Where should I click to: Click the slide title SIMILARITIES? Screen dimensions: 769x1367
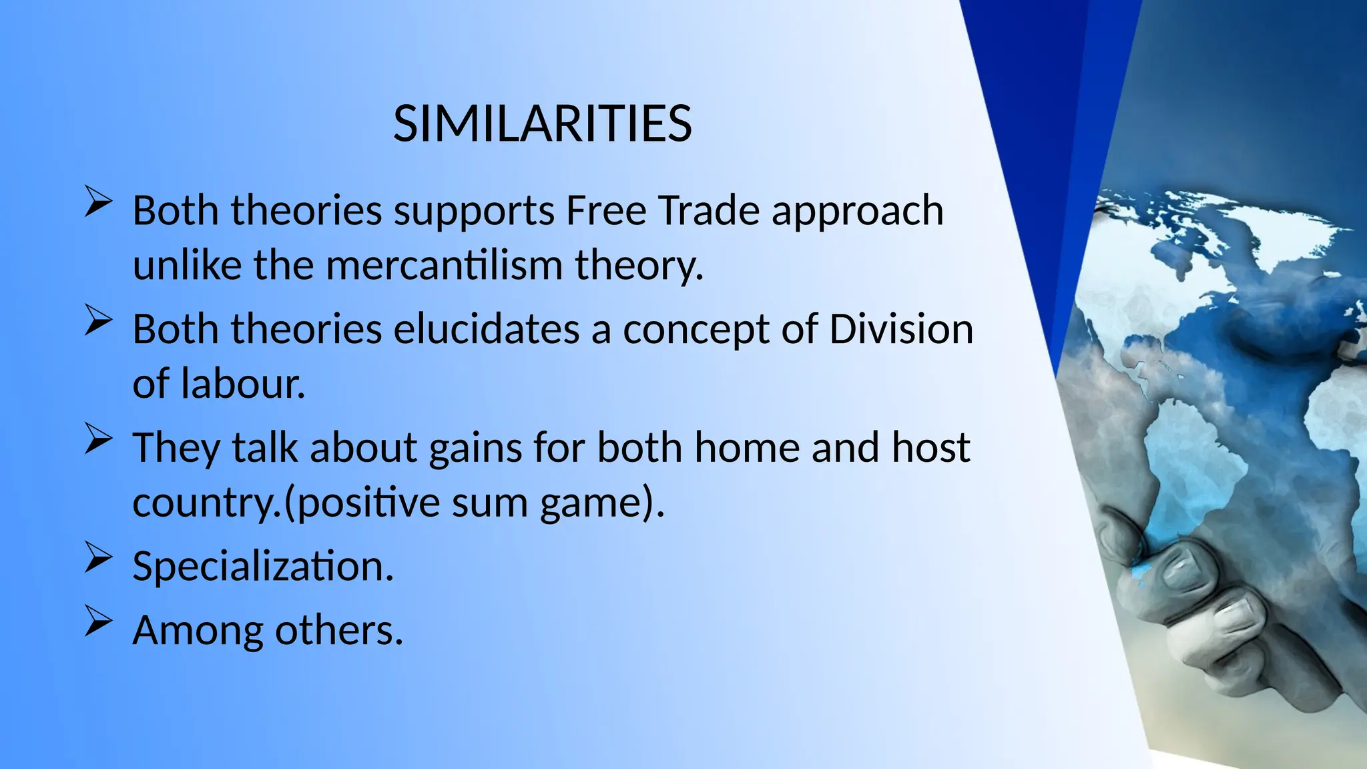point(542,124)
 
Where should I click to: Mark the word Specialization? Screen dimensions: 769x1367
point(263,566)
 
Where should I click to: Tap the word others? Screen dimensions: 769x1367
point(339,630)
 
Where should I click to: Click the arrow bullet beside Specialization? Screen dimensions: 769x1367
point(97,559)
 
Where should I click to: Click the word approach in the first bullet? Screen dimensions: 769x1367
point(857,212)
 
